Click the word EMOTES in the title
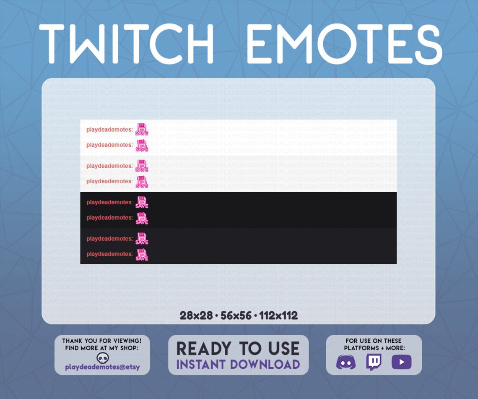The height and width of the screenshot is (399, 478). (344, 44)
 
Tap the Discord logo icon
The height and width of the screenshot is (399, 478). (346, 362)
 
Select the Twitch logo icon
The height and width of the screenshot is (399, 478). (373, 362)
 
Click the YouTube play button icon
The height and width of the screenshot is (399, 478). (401, 362)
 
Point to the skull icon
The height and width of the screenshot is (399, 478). (102, 358)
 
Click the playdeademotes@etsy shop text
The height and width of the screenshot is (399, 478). (102, 368)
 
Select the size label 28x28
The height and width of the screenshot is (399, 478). (196, 316)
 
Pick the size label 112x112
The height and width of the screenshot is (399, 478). (278, 316)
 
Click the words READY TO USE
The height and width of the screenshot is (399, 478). (238, 349)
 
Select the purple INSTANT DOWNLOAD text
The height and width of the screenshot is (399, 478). (238, 364)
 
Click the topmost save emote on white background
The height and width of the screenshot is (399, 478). (142, 129)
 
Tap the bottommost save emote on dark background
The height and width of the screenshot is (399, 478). (142, 255)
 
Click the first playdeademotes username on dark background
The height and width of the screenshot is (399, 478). (109, 202)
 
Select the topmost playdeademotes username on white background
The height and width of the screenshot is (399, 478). (109, 130)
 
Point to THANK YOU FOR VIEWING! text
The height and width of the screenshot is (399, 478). (102, 341)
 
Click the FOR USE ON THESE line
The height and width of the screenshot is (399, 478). (374, 341)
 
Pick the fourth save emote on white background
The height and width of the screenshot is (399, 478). (142, 182)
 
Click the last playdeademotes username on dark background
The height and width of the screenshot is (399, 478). (109, 254)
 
